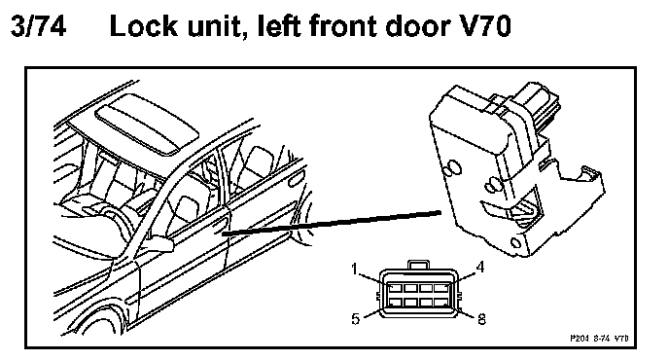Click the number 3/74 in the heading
(x=38, y=25)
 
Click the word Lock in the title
(x=143, y=25)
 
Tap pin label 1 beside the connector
(x=354, y=270)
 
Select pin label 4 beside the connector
(x=480, y=268)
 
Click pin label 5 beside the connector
(x=356, y=319)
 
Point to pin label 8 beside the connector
(x=481, y=319)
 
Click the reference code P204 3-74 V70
(x=599, y=339)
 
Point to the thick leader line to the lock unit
(x=332, y=223)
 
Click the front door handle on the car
(x=219, y=222)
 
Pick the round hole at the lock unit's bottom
(x=515, y=244)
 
